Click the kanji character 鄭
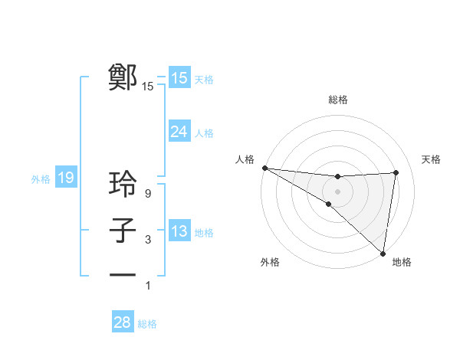(123, 78)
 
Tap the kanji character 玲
(123, 185)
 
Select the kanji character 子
(123, 231)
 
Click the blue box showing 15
(179, 78)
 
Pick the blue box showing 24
(179, 132)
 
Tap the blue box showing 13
(179, 231)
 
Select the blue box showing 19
(66, 178)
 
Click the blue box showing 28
(122, 322)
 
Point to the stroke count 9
(148, 194)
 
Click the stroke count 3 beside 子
(148, 240)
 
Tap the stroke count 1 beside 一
(148, 286)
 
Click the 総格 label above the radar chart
(337, 100)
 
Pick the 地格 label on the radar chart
(402, 262)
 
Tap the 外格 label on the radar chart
(270, 262)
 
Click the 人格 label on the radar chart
(244, 159)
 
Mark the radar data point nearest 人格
(264, 168)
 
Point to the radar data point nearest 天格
(396, 172)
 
